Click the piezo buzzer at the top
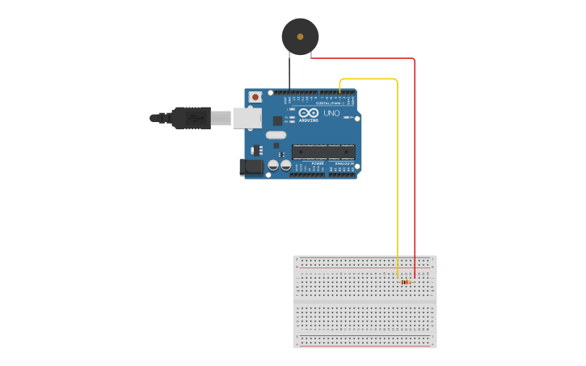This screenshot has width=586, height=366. click(300, 36)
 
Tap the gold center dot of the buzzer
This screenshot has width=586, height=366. click(301, 36)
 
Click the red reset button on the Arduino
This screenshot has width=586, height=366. click(255, 97)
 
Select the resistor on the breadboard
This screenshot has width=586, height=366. click(406, 282)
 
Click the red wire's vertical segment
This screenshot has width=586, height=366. click(415, 162)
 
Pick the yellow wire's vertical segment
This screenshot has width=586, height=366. click(398, 178)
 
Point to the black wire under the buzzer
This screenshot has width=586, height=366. click(289, 73)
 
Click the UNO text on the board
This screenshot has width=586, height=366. click(331, 113)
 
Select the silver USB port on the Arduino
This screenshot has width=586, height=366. click(247, 118)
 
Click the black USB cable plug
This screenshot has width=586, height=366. click(191, 118)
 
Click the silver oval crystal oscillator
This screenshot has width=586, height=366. click(276, 135)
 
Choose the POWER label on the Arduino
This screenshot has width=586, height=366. click(318, 163)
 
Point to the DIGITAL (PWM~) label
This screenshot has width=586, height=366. click(327, 103)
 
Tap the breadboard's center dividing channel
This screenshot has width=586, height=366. click(365, 301)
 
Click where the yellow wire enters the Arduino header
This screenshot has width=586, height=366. click(339, 92)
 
